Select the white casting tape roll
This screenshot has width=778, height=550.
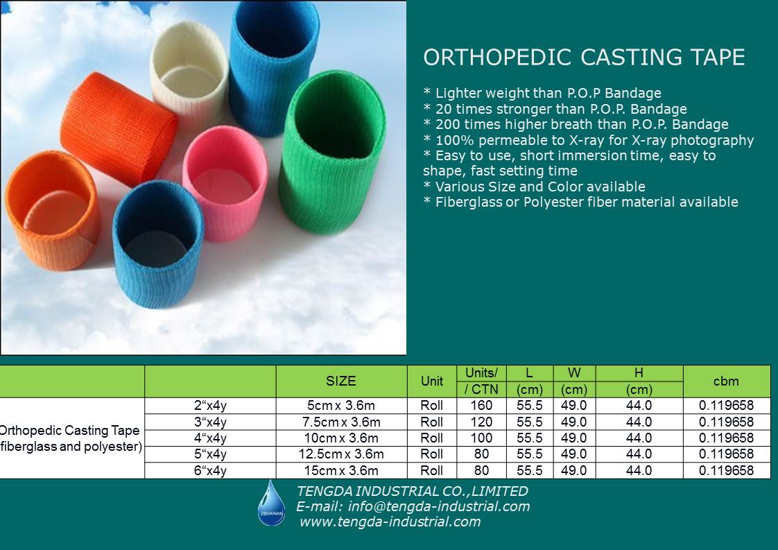(x=189, y=74)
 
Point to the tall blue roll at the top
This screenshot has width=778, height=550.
(x=273, y=67)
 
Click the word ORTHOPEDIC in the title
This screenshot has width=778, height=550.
(x=498, y=58)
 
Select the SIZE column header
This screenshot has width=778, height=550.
(x=341, y=381)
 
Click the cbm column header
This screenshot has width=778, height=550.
(x=726, y=381)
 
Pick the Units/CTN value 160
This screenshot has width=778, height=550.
(x=481, y=405)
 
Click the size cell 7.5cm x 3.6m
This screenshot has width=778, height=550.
(x=341, y=422)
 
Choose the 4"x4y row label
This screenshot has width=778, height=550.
(x=210, y=438)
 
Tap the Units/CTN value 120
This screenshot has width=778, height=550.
(x=481, y=422)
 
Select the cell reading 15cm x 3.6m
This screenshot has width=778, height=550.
(x=341, y=470)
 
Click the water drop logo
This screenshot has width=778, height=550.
(x=271, y=502)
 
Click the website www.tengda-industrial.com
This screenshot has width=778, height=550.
(x=390, y=522)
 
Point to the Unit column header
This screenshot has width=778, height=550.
(x=432, y=381)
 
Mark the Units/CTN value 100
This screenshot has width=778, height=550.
(x=481, y=438)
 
